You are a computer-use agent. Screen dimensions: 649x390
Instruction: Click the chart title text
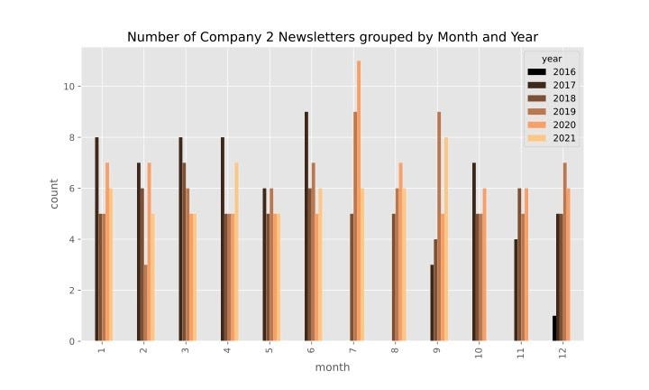point(333,37)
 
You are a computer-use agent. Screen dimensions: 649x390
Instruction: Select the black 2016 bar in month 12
point(554,329)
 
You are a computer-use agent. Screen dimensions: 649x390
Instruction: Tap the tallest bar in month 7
point(359,201)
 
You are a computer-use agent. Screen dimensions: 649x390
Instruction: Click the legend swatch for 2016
point(537,71)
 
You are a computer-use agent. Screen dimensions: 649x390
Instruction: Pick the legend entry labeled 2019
point(552,111)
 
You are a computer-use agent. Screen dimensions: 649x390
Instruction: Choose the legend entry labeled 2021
point(552,138)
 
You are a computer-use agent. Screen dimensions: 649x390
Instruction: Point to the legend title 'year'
point(552,59)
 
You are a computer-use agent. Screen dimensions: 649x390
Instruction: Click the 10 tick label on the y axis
point(69,86)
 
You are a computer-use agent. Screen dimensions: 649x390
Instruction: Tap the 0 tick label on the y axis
point(72,341)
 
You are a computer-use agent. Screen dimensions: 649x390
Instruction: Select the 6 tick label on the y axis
point(72,189)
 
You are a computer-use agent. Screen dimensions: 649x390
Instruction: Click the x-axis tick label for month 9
point(436,350)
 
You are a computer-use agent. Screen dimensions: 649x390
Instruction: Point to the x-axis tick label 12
point(562,353)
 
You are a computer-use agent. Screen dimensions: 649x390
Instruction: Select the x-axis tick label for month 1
point(102,350)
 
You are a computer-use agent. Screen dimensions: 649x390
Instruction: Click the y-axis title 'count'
point(54,194)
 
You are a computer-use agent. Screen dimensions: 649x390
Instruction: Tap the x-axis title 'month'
point(333,367)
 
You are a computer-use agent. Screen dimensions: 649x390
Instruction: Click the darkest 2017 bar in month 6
point(306,227)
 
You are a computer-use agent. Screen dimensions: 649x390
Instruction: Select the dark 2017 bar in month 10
point(474,252)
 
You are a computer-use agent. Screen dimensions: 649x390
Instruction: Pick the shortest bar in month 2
point(146,303)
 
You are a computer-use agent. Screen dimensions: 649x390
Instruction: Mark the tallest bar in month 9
point(439,227)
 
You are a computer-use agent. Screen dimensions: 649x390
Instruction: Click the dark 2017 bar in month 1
point(96,239)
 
